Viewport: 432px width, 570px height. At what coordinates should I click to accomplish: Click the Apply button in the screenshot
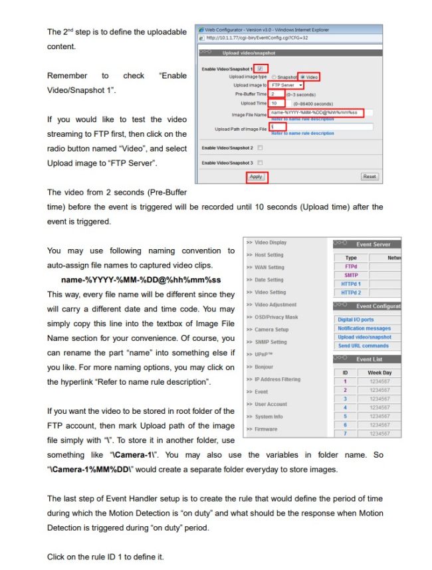click(x=256, y=177)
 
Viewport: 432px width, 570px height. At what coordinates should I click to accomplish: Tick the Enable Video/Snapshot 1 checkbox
click(x=260, y=68)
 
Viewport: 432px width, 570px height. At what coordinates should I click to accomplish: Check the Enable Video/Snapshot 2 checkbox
click(x=260, y=147)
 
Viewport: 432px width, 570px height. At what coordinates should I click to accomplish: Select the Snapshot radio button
click(x=273, y=77)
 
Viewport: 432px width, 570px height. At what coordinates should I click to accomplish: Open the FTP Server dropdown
click(x=287, y=85)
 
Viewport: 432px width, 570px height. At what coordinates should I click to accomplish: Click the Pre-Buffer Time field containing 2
click(x=276, y=94)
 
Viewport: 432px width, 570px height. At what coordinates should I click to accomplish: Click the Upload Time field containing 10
click(x=276, y=103)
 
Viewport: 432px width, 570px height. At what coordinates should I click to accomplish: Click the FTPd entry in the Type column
click(x=351, y=266)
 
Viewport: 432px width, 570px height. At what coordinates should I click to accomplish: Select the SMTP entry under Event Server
click(x=351, y=274)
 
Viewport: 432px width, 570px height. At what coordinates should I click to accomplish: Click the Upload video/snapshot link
click(x=364, y=337)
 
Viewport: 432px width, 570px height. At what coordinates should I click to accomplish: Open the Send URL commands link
click(x=363, y=345)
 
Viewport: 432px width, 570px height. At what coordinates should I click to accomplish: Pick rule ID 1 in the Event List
click(x=345, y=381)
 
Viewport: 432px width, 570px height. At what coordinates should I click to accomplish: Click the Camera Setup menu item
click(x=271, y=330)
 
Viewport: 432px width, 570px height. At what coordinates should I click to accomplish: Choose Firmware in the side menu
click(x=266, y=429)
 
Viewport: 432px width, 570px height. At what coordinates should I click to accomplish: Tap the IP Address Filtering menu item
click(x=277, y=379)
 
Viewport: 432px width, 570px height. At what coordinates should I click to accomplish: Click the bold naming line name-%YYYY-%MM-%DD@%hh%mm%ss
click(x=141, y=279)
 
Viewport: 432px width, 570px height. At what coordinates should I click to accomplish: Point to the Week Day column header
click(x=379, y=373)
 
